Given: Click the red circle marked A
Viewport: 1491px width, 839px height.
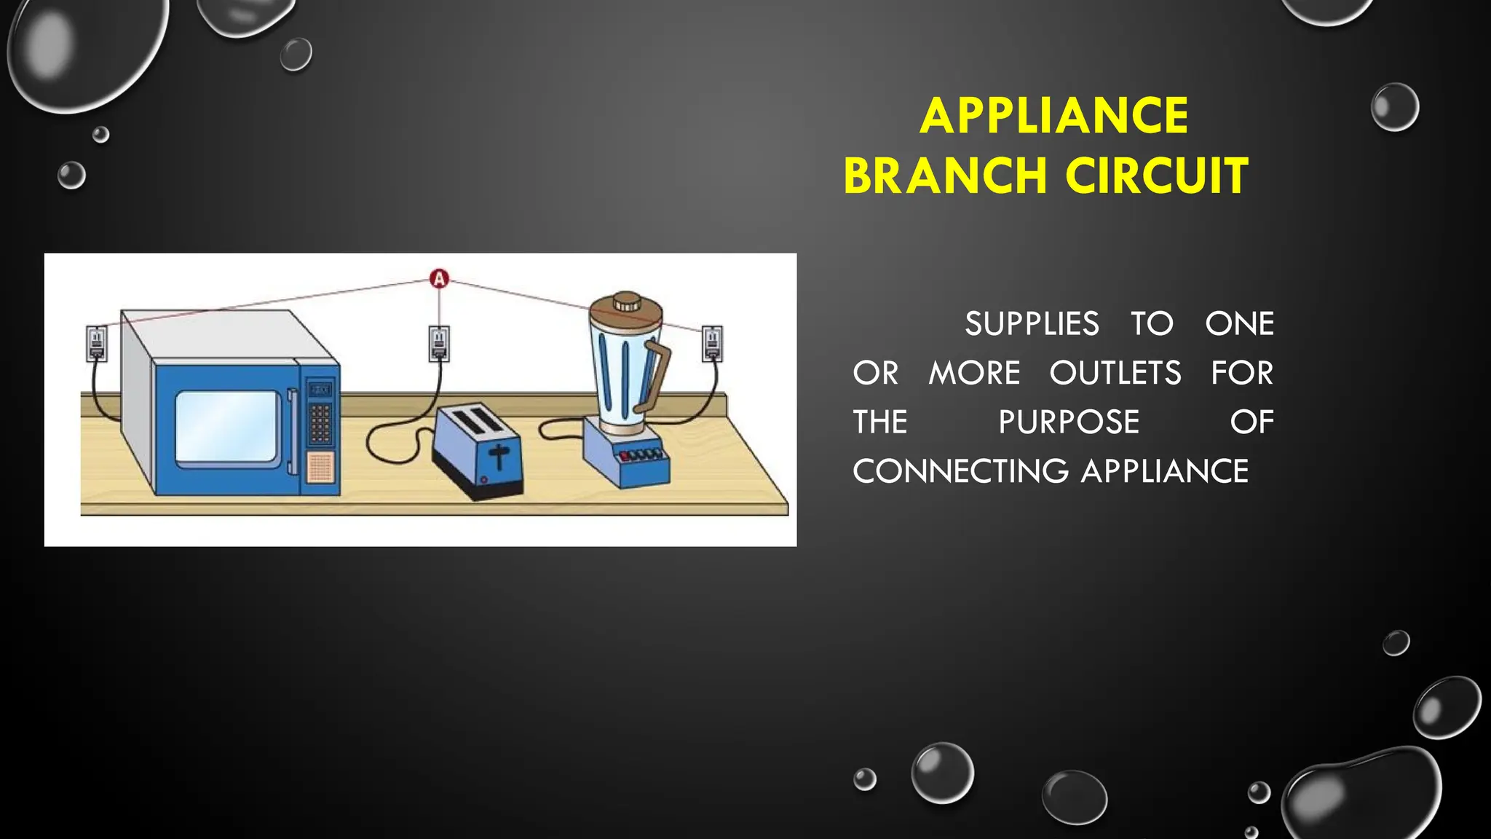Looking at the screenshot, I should click(439, 279).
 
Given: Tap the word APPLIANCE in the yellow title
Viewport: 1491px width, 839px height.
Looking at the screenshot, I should click(1053, 116).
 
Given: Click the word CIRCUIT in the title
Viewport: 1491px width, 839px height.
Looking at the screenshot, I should click(1157, 176).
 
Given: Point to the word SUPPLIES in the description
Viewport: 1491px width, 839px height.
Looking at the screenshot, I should click(1032, 324).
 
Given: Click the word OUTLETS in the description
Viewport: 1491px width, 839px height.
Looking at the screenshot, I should click(1115, 373).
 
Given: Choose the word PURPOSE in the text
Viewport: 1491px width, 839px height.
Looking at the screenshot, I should click(1068, 422).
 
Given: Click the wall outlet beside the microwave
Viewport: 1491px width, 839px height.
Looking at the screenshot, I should click(97, 343).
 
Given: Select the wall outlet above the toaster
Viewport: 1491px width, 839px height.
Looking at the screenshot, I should click(439, 343).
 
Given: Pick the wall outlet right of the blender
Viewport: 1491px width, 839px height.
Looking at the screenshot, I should click(712, 343).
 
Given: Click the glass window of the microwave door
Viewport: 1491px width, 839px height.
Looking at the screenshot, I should click(228, 427).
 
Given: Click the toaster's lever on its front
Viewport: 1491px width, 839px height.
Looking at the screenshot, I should click(499, 456).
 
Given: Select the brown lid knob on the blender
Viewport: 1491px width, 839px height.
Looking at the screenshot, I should click(626, 302).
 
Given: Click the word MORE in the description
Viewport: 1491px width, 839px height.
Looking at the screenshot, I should click(974, 373).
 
